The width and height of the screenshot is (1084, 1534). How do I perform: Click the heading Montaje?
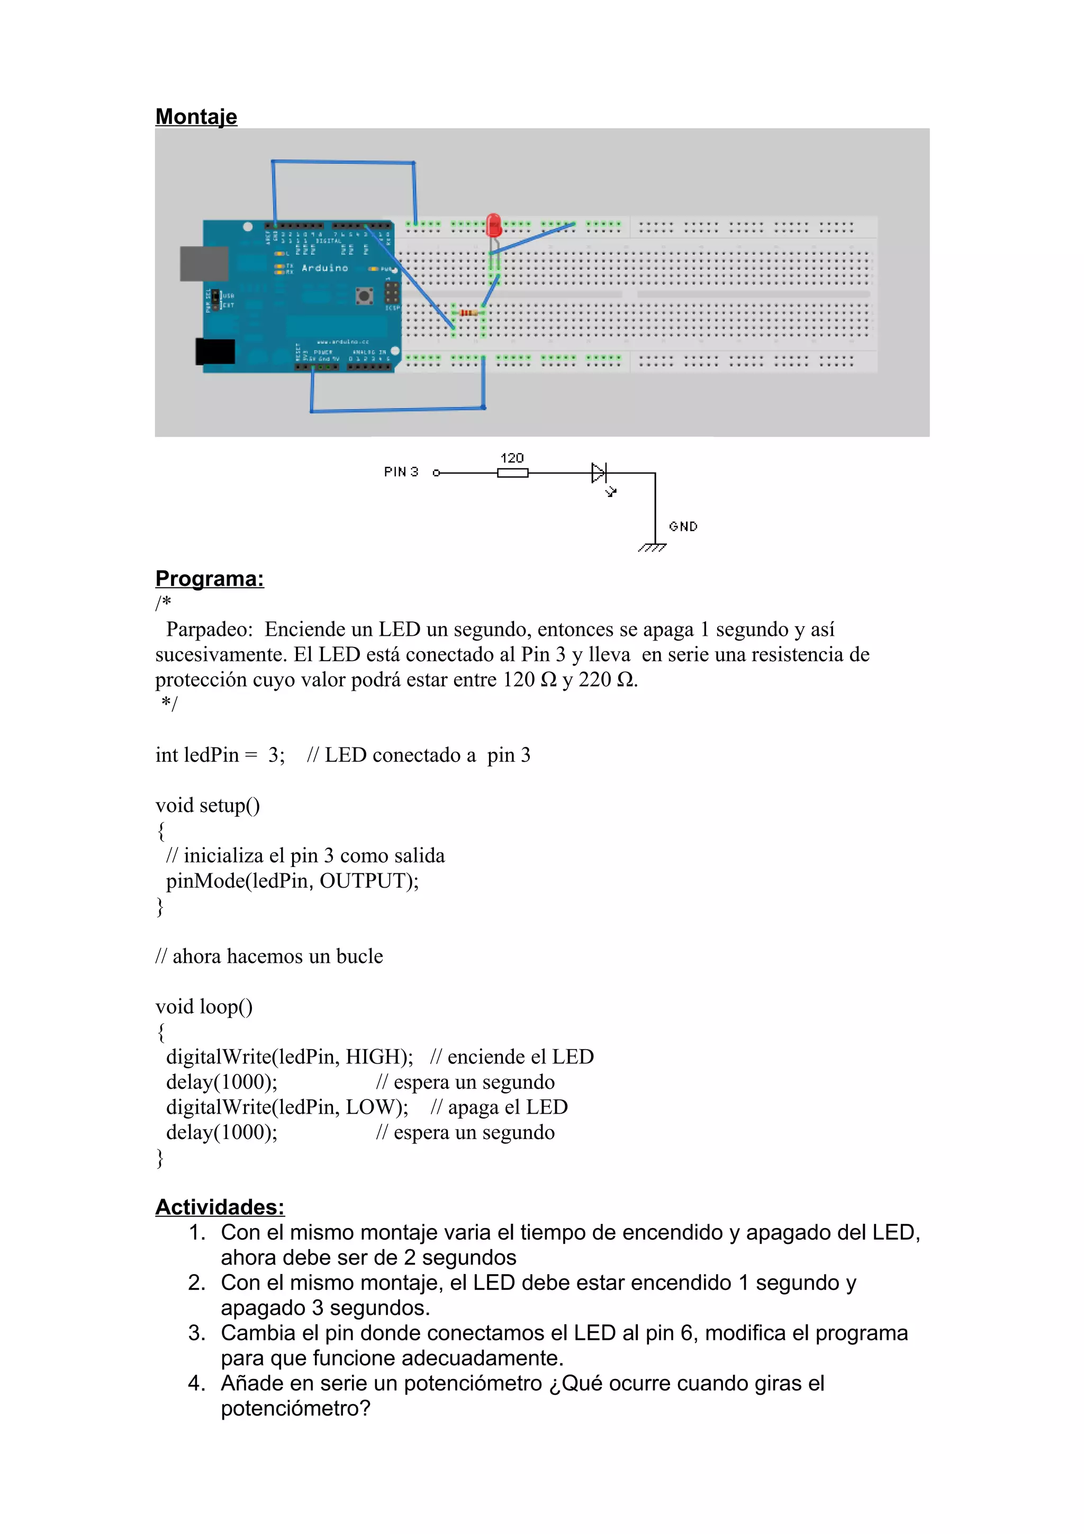point(196,116)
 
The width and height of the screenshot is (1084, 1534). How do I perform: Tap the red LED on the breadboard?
point(494,225)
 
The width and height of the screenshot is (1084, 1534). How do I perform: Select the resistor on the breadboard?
point(469,313)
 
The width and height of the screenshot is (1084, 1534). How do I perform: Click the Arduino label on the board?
point(324,268)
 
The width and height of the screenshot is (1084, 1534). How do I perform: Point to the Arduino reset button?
point(364,295)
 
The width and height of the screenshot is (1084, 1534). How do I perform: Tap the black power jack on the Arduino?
point(215,351)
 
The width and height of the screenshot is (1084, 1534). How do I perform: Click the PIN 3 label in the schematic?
point(401,472)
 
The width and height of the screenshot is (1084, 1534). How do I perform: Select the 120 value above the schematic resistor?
point(512,458)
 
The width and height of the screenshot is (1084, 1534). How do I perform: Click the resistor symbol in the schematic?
point(512,473)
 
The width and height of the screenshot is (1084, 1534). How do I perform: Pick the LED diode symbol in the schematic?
point(599,473)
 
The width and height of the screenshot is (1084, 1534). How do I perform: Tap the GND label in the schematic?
point(683,527)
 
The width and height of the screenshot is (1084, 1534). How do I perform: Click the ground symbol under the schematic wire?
point(653,548)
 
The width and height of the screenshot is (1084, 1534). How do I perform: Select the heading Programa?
point(209,579)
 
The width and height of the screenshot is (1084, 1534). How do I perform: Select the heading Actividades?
point(220,1207)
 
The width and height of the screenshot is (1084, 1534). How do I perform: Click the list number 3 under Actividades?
point(197,1332)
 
